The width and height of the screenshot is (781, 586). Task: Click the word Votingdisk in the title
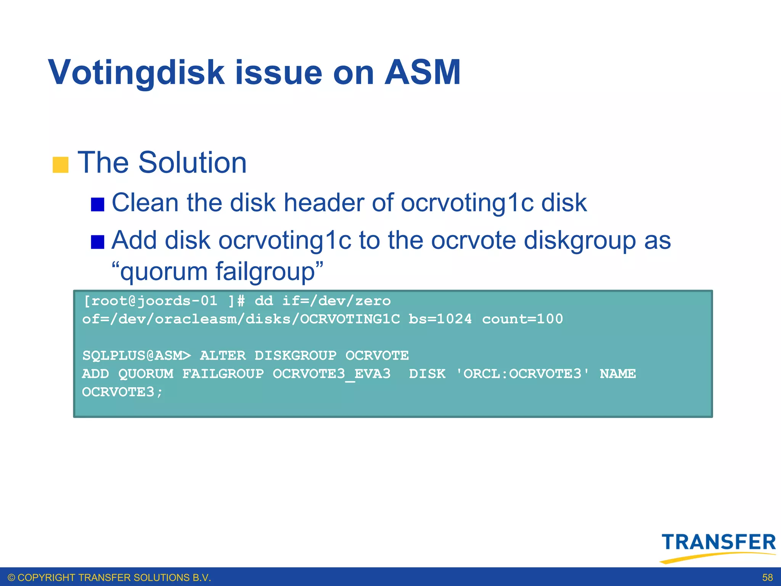(x=137, y=72)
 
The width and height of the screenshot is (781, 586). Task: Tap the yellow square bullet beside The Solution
(x=60, y=165)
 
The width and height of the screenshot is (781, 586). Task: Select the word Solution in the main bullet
(x=192, y=163)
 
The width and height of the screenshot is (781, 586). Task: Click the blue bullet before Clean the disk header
(x=98, y=204)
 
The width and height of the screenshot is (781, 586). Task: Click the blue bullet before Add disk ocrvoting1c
(x=98, y=242)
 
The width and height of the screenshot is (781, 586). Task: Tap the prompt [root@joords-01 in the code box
(x=150, y=301)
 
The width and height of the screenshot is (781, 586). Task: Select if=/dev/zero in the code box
(x=336, y=301)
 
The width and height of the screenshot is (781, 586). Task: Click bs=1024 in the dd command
(x=440, y=319)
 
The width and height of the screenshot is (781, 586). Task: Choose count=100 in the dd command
(x=522, y=319)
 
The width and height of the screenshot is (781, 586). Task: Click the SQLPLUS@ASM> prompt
(x=137, y=356)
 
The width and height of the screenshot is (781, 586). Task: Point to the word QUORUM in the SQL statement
(x=146, y=374)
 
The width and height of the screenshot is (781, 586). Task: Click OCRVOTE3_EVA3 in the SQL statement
(x=331, y=374)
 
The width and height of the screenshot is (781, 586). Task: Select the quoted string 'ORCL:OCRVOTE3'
(x=522, y=374)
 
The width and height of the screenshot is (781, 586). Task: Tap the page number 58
(x=767, y=578)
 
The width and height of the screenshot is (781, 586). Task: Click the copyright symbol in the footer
(x=11, y=578)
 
